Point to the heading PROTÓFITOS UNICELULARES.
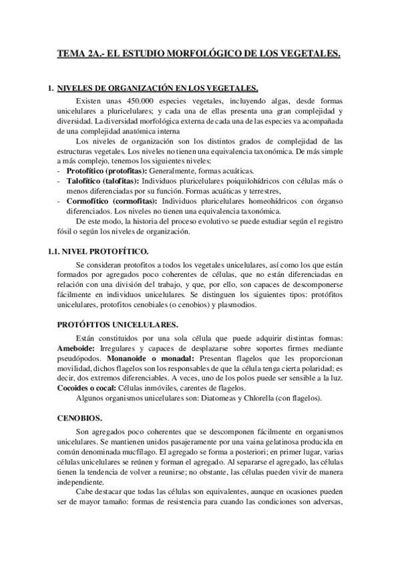tap(116, 325)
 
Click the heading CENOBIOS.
tap(79, 418)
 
